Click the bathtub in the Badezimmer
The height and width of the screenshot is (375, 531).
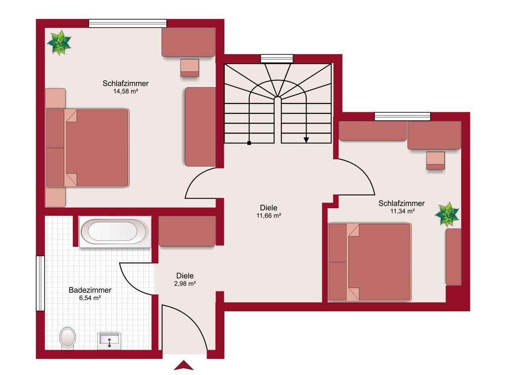click(115, 232)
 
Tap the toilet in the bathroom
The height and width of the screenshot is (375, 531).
click(68, 338)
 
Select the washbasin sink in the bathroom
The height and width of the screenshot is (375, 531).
click(109, 341)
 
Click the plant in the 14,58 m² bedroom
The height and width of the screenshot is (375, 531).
click(59, 42)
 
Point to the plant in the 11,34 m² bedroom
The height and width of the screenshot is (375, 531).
click(447, 214)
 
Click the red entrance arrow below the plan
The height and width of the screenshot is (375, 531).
click(184, 365)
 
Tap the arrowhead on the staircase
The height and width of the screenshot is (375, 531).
click(306, 140)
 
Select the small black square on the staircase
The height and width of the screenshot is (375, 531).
click(249, 143)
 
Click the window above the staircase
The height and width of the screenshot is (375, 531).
click(277, 59)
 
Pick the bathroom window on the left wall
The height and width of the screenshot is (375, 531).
click(40, 283)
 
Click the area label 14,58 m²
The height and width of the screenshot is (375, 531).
click(126, 92)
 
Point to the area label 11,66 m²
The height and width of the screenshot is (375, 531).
click(269, 215)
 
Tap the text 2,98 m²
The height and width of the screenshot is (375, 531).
click(185, 283)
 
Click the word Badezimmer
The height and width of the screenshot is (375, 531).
click(90, 290)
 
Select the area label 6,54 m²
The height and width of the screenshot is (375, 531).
click(90, 298)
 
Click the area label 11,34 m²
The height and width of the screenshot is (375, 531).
click(403, 211)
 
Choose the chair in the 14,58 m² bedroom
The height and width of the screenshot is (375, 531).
click(190, 68)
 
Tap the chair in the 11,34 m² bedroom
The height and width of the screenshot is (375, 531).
click(435, 161)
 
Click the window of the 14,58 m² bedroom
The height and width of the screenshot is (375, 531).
click(128, 23)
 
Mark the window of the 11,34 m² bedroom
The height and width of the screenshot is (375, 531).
click(403, 117)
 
